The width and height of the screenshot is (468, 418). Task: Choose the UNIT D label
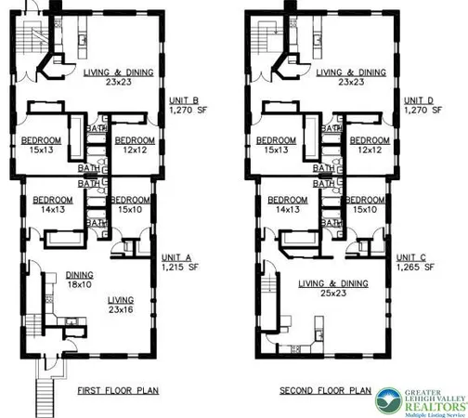pos(415,101)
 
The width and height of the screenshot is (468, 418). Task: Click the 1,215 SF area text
pos(183,267)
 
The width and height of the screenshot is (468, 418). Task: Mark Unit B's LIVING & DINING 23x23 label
pos(107,75)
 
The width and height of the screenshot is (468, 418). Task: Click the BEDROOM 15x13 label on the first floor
pos(42,146)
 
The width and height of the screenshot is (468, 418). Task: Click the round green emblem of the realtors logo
pos(386,399)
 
